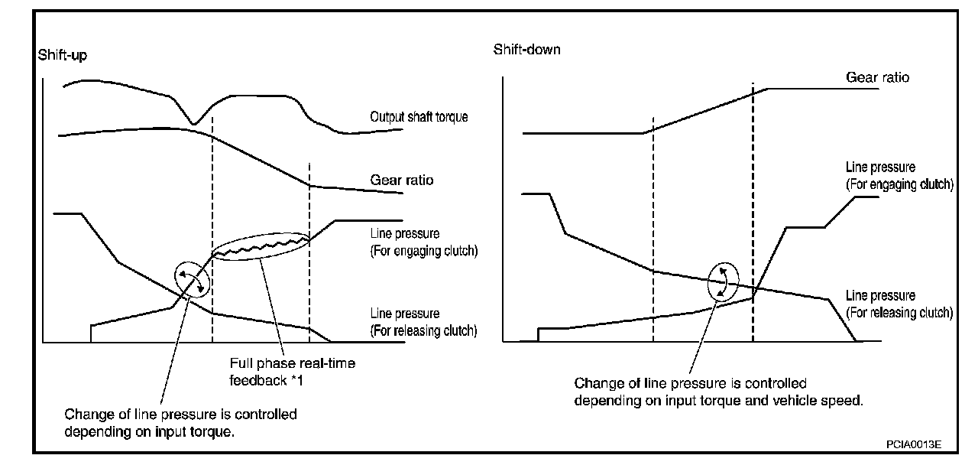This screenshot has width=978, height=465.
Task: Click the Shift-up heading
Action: [63, 56]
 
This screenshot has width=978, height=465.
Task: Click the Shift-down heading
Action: [526, 50]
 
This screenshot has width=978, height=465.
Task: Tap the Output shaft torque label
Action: [419, 117]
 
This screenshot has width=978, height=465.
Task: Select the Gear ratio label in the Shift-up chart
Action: [402, 180]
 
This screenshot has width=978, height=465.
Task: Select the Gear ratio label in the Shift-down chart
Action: [877, 77]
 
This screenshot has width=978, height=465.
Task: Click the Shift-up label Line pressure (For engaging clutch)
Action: [423, 242]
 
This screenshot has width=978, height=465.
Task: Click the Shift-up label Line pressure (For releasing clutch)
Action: [423, 322]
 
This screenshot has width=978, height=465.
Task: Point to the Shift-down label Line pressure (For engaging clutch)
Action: [899, 176]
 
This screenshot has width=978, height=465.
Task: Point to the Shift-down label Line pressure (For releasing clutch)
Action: [899, 304]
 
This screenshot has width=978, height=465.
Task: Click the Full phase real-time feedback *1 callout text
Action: [293, 372]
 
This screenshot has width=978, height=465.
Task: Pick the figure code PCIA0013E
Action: [913, 444]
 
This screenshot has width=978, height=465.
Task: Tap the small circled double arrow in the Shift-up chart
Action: [192, 280]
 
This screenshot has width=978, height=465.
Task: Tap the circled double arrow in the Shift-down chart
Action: [723, 282]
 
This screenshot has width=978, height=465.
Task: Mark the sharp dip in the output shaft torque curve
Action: [194, 124]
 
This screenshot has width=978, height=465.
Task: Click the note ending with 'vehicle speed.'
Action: [719, 392]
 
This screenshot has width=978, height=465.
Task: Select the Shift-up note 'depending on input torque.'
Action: [149, 432]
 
